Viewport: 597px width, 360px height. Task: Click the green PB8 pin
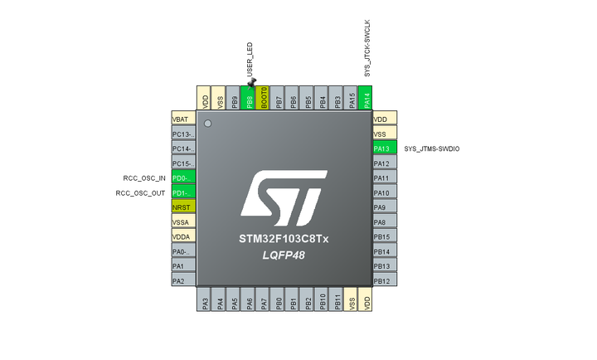(x=250, y=100)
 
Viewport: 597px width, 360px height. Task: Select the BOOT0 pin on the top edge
(x=265, y=100)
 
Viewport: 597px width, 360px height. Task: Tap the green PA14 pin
(x=367, y=100)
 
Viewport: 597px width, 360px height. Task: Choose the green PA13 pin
(x=383, y=148)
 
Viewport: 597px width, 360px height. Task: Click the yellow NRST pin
(x=182, y=207)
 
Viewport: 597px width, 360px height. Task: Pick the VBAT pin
(x=182, y=119)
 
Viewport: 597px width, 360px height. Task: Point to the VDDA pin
(x=182, y=236)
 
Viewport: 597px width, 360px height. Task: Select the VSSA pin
(x=182, y=222)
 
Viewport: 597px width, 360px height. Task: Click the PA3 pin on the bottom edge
(x=205, y=300)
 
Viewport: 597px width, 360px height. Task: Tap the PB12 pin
(x=383, y=281)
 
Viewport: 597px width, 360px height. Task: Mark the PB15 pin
(x=383, y=237)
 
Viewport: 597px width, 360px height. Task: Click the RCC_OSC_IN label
(x=140, y=178)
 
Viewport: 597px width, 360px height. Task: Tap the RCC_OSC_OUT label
(x=138, y=192)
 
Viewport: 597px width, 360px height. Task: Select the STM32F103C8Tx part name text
(x=284, y=239)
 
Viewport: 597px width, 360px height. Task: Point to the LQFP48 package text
(x=284, y=255)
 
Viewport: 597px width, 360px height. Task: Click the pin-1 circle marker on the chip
(x=207, y=124)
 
